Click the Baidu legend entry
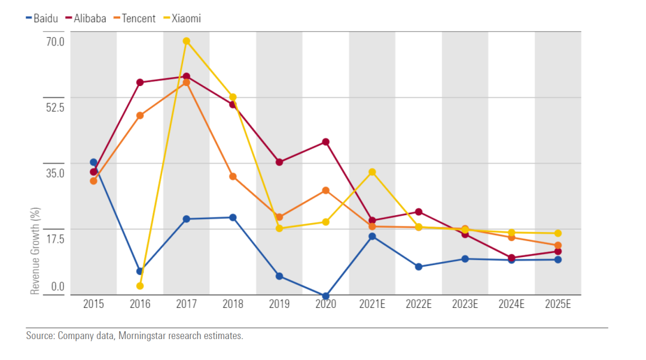tap(42, 19)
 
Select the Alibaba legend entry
tap(86, 19)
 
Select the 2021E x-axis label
tap(372, 304)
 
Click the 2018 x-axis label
tap(233, 304)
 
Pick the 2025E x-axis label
tap(558, 304)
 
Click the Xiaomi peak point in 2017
tap(187, 41)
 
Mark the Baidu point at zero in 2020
tap(326, 296)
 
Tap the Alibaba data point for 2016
tap(140, 83)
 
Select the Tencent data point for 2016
tap(140, 115)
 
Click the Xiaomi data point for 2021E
tap(372, 172)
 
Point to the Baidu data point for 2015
tap(93, 162)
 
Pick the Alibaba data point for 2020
tap(326, 142)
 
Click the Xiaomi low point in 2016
tap(140, 286)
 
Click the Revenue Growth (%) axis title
tap(35, 251)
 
